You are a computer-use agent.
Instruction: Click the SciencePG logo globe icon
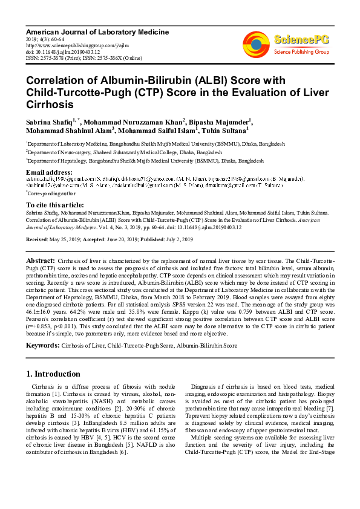pos(256,44)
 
